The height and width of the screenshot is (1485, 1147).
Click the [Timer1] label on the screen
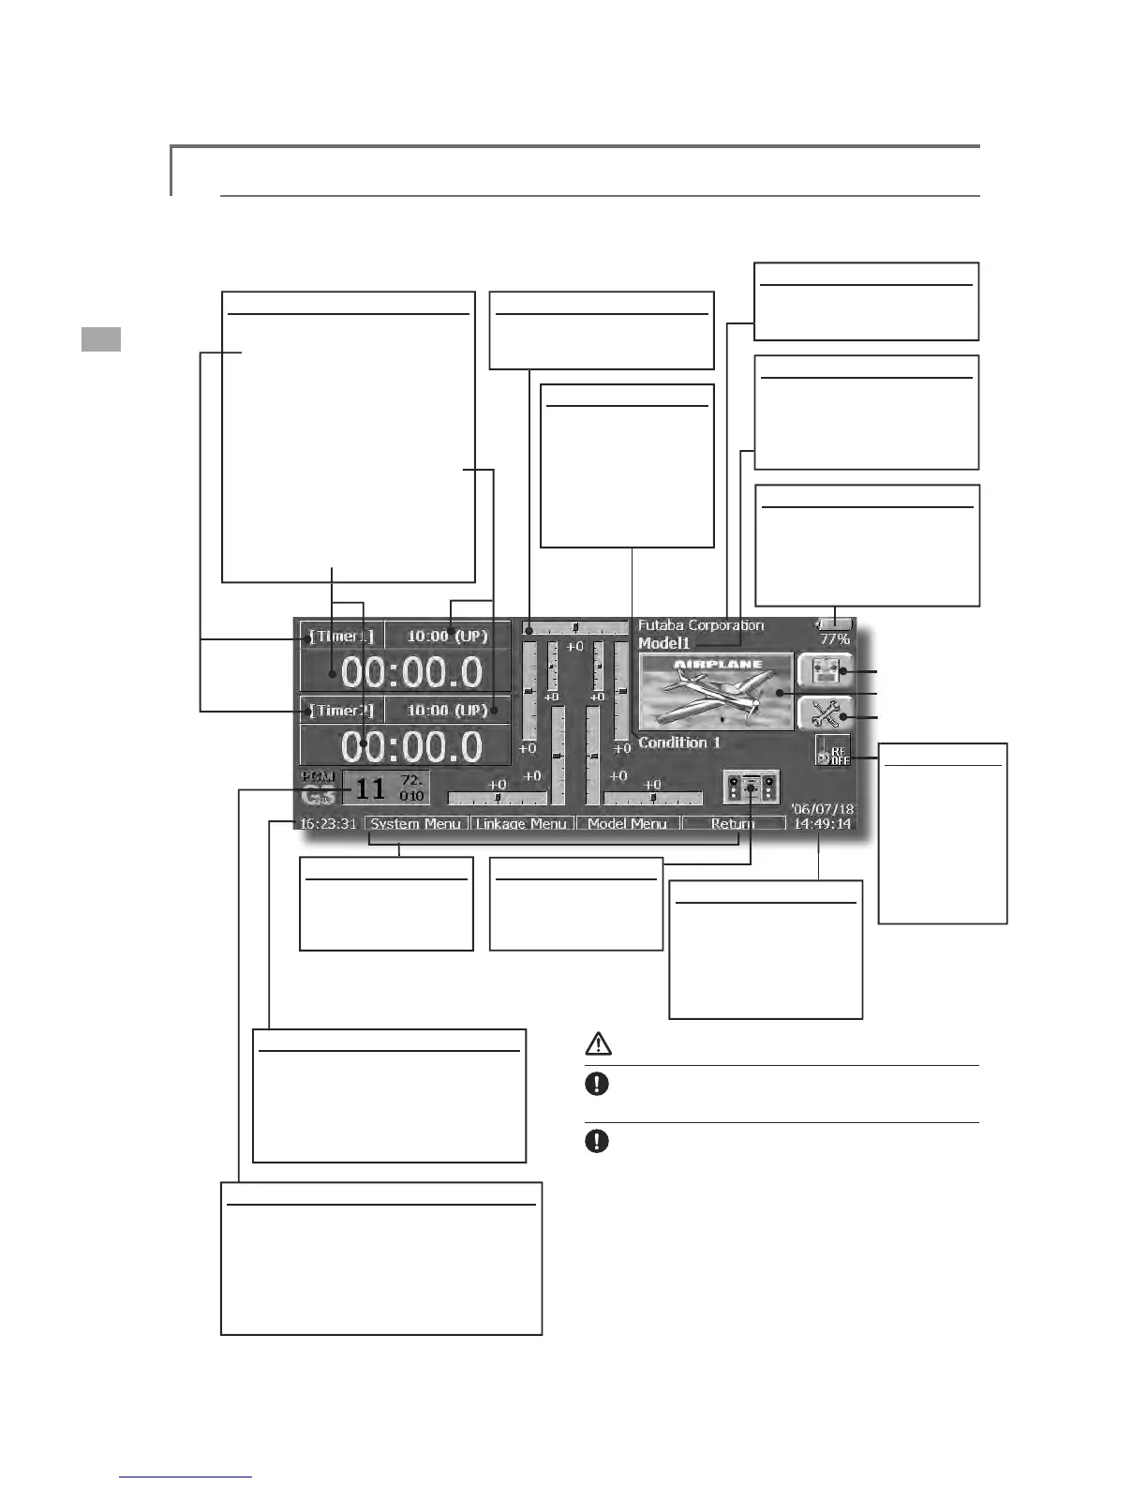coord(341,637)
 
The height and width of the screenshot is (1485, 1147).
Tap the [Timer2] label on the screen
coord(341,711)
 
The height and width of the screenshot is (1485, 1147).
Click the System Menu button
coord(415,823)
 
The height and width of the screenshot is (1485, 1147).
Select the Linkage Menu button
coord(521,823)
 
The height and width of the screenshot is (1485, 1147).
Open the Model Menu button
coord(627,823)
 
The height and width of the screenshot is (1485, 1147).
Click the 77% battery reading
coord(834,639)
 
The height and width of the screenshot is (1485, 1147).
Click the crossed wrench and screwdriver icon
coord(826,714)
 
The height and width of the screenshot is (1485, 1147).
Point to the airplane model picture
coord(715,691)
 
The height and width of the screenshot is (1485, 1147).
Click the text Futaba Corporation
coord(701,625)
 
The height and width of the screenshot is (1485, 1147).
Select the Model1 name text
coord(663,643)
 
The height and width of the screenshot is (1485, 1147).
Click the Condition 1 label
coord(679,742)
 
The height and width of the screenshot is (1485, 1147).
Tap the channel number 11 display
coord(370,788)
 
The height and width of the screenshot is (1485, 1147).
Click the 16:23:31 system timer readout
coord(328,823)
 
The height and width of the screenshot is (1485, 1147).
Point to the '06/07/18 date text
coord(822,808)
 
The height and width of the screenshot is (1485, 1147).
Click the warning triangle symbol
coord(598,1042)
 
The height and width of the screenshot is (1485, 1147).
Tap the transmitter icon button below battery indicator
coord(826,671)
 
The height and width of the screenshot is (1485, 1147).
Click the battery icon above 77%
coord(834,623)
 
